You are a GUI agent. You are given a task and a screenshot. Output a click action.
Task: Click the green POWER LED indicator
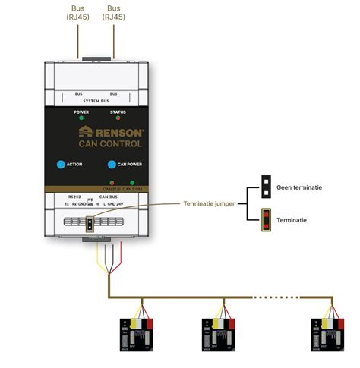[x=81, y=120]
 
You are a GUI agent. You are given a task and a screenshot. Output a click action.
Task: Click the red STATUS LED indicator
[x=117, y=120]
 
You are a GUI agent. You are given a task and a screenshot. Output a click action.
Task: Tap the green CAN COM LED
[x=132, y=183]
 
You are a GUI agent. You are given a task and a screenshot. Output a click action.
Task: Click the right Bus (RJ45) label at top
[x=113, y=12]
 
